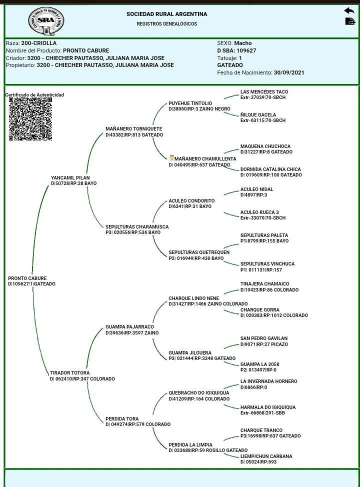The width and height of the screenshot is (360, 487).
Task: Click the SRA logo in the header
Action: [46, 21]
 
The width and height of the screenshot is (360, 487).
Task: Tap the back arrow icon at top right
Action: [349, 10]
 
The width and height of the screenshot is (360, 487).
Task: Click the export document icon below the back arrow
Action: [349, 21]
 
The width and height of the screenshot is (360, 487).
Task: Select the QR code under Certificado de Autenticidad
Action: [30, 119]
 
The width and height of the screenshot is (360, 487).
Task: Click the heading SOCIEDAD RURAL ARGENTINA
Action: [166, 14]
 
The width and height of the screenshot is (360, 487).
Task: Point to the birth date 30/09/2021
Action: [289, 72]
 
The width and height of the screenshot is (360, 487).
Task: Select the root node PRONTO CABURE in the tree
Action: [27, 278]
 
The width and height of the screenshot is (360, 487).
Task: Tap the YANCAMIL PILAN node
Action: [70, 177]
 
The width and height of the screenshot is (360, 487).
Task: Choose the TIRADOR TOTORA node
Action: [70, 373]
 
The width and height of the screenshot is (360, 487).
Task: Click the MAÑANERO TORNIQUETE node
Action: [133, 129]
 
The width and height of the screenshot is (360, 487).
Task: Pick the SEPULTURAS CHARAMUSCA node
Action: [137, 227]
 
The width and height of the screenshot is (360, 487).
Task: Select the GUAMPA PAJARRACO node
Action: [129, 327]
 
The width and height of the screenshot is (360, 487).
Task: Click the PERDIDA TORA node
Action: [122, 419]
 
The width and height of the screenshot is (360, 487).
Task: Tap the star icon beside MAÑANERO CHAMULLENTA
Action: [171, 158]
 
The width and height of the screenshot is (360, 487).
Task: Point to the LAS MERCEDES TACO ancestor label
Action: [264, 92]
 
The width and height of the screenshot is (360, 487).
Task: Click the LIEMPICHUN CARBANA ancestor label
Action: [266, 456]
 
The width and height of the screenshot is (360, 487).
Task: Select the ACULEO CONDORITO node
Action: [191, 201]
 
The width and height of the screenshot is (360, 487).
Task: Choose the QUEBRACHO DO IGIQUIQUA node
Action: [198, 393]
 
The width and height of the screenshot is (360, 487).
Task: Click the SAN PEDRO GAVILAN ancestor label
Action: [264, 338]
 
